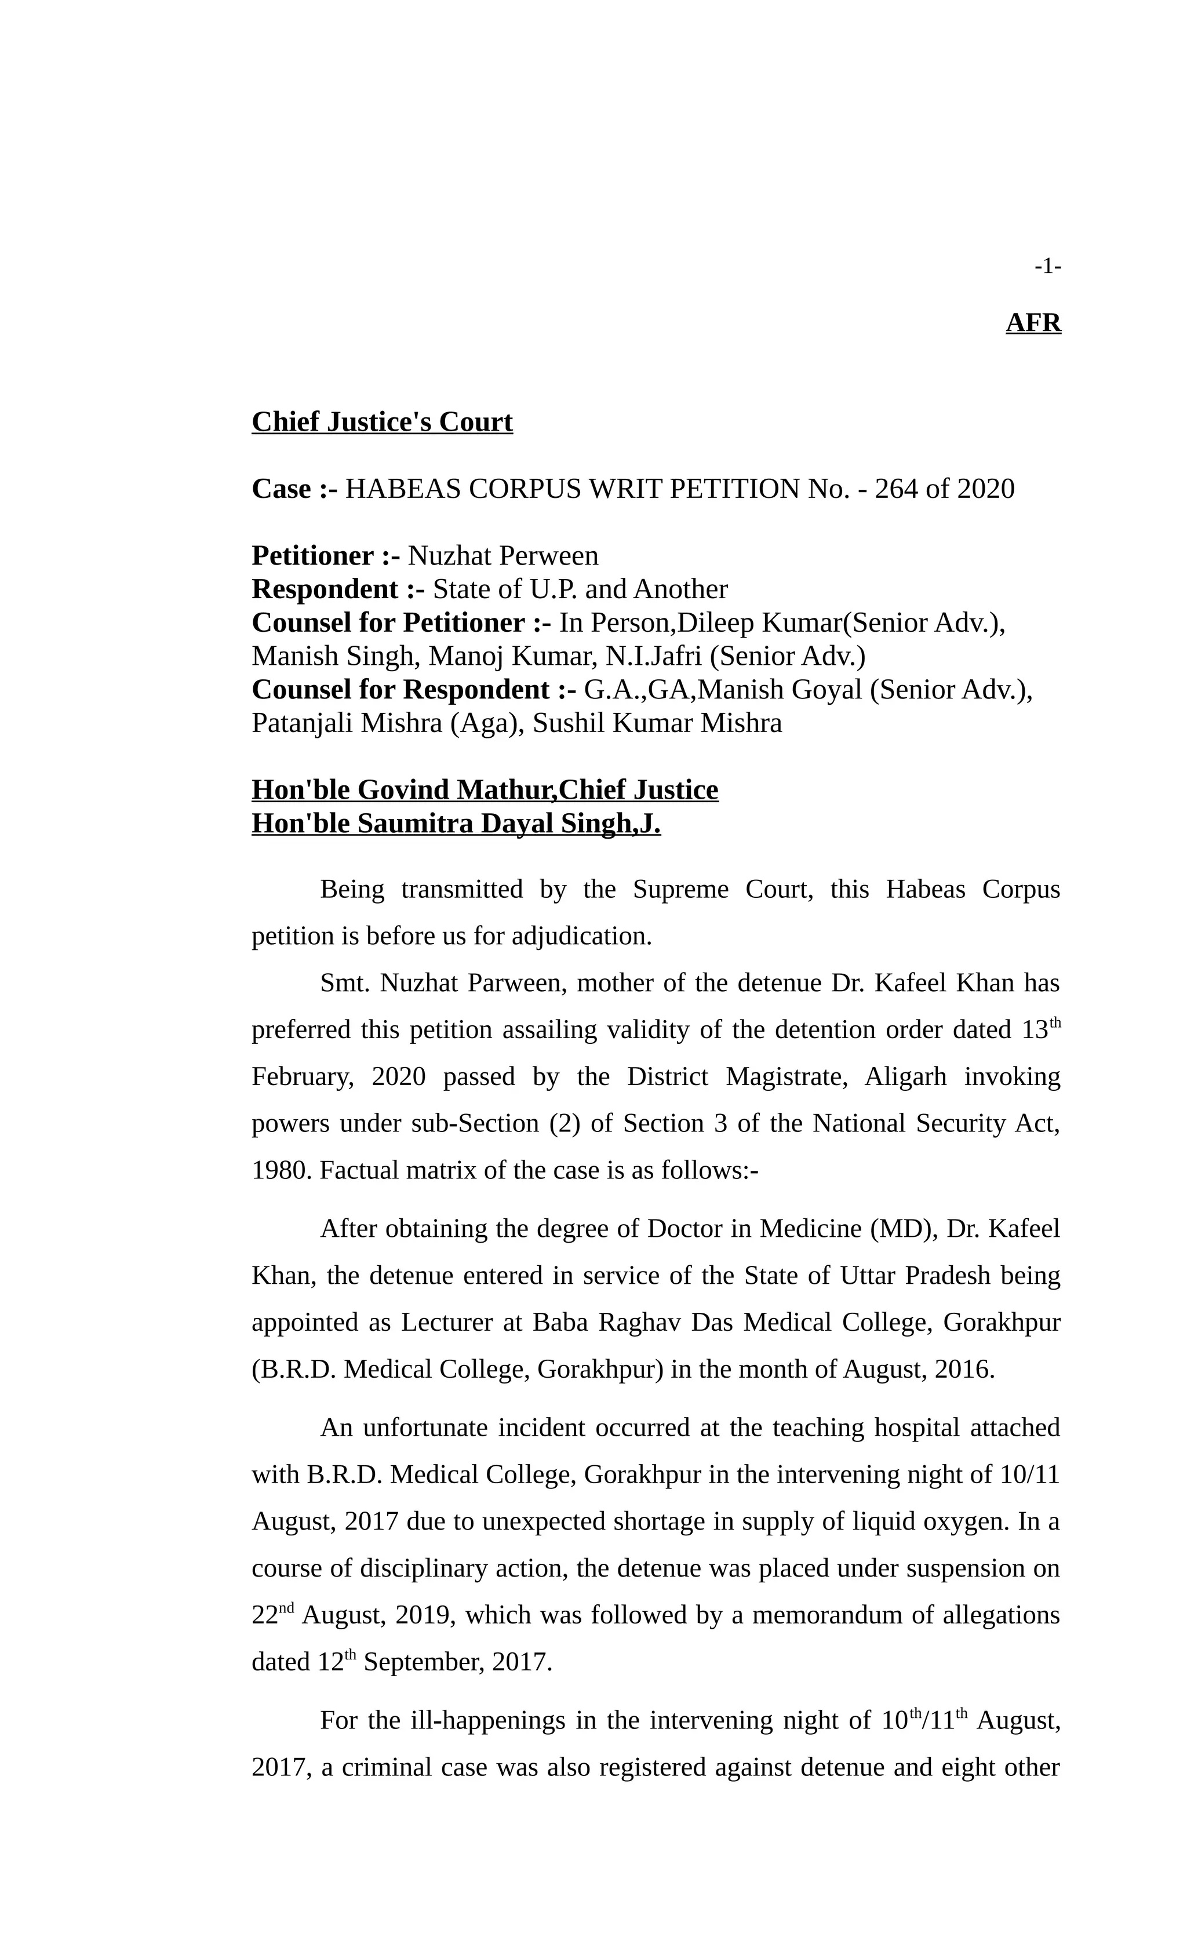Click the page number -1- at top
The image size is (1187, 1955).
point(1047,267)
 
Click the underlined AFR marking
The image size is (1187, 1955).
point(1032,323)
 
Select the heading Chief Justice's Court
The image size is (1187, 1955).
point(381,421)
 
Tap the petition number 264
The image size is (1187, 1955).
point(896,489)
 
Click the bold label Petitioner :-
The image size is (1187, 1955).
point(325,555)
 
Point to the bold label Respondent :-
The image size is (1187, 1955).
point(337,589)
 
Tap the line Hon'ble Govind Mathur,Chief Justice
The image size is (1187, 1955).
point(484,789)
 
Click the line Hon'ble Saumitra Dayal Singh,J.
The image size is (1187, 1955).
point(456,824)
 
